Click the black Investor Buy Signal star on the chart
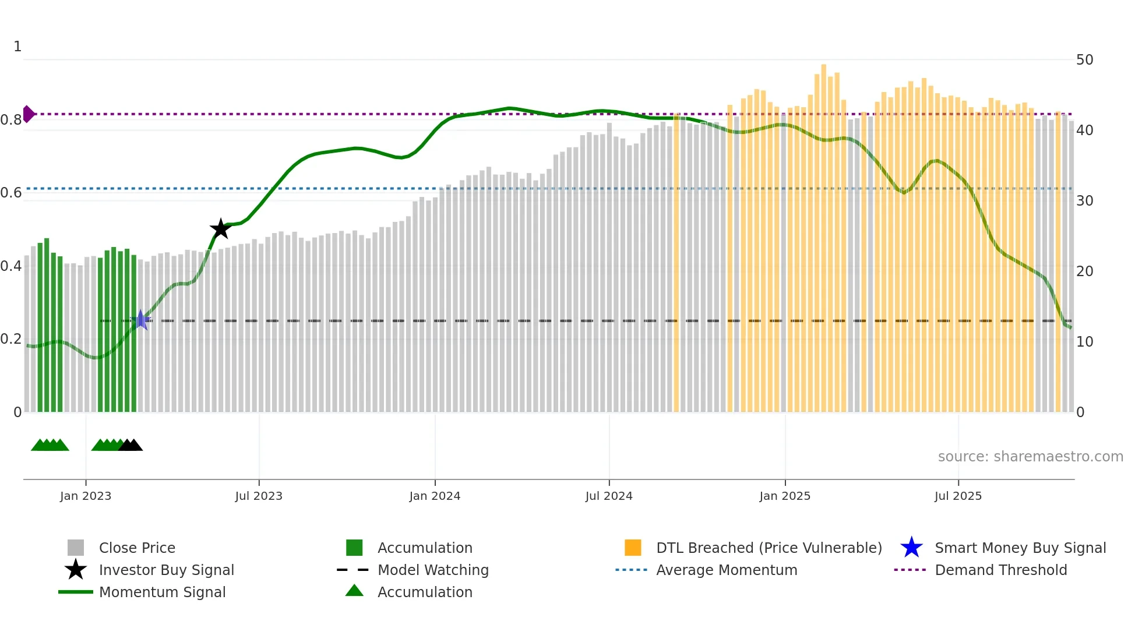[220, 229]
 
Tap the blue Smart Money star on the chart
[140, 320]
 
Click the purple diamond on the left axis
[28, 114]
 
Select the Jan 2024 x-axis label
[435, 496]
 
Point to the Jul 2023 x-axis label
[259, 496]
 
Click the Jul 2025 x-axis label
[958, 496]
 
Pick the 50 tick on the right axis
[1084, 60]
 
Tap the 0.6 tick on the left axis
[11, 193]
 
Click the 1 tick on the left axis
[17, 47]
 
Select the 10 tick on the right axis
[1084, 342]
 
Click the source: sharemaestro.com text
[1030, 457]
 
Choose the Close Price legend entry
[137, 548]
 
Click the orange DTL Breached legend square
[633, 548]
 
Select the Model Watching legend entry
[432, 570]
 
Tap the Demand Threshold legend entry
[1000, 570]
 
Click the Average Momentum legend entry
[726, 570]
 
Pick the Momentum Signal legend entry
[162, 592]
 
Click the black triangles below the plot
[131, 446]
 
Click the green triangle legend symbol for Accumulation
[354, 591]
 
